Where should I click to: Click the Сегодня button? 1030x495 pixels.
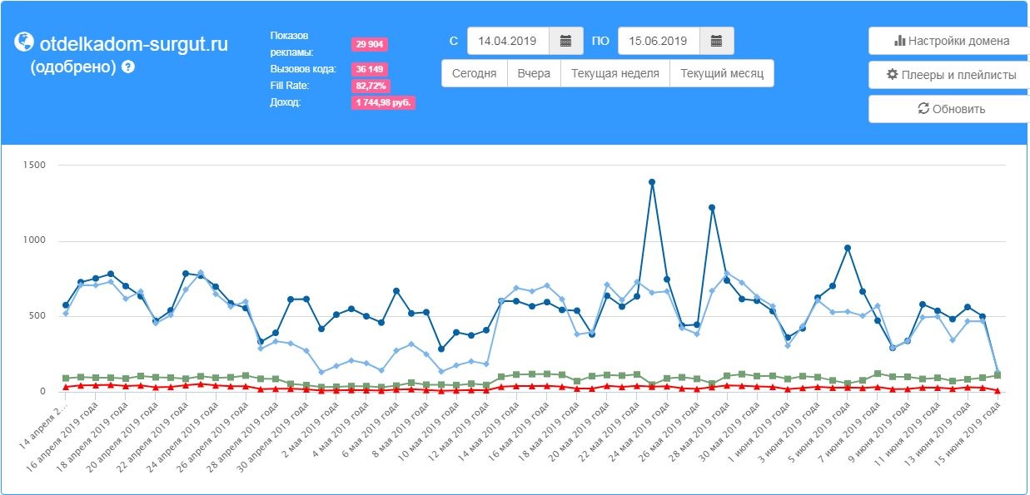pos(474,73)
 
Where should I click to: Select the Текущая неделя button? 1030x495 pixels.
pos(615,73)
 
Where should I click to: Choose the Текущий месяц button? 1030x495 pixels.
pos(722,73)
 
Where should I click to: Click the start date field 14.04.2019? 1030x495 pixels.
pos(508,41)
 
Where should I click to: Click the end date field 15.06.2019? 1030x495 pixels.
pos(659,41)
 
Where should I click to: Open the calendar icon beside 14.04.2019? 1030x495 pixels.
pos(566,41)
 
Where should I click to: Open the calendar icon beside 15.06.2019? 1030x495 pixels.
pos(716,41)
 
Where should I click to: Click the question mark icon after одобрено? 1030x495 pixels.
pos(128,67)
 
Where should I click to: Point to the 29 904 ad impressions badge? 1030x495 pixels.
pos(369,44)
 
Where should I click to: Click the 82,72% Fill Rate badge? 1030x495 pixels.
pos(371,86)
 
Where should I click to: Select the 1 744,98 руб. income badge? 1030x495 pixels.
pos(383,102)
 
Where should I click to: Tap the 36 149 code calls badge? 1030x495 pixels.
pos(369,69)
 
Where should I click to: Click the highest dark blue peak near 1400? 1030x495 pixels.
pos(652,182)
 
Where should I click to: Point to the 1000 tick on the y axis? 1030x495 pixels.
pos(34,240)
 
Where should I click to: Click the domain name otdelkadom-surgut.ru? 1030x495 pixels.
pos(134,44)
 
